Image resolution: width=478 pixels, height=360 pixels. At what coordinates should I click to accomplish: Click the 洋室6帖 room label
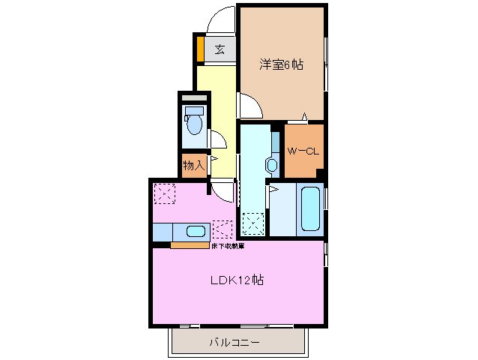click(x=282, y=65)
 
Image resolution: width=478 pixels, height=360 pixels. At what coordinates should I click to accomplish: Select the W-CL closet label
click(x=303, y=151)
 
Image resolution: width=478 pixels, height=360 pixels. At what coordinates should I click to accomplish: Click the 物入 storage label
click(x=193, y=164)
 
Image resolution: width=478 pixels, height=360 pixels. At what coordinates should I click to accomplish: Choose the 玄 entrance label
click(x=220, y=50)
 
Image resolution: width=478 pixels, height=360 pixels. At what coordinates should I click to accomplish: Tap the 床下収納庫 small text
click(x=228, y=246)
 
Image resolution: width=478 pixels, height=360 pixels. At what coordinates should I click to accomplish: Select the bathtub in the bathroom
click(x=311, y=209)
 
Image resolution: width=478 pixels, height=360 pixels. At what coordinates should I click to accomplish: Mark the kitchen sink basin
click(x=196, y=232)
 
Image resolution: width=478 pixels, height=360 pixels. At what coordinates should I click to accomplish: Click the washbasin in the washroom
click(x=270, y=164)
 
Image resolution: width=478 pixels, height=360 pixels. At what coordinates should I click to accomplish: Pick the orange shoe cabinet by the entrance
click(x=200, y=49)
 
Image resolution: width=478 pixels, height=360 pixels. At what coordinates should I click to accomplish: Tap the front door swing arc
click(x=222, y=19)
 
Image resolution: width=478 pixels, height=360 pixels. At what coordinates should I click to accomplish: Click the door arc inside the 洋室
click(x=251, y=106)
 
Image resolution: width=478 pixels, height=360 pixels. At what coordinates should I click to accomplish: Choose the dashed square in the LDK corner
click(x=164, y=193)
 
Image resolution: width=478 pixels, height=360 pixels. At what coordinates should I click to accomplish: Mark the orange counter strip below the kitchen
click(x=190, y=244)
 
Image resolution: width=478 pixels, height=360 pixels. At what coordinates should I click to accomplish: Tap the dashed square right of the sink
click(x=222, y=229)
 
